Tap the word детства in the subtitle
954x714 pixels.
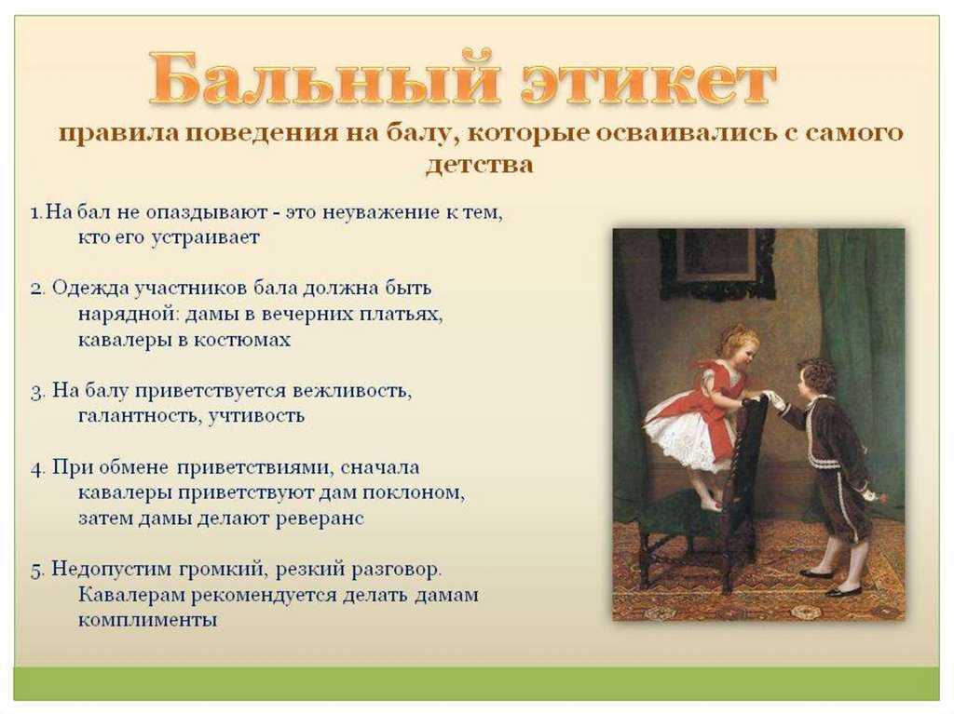[480, 164]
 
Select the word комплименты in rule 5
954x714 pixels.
[147, 620]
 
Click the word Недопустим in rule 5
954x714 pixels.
[112, 570]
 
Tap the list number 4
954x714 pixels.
[37, 468]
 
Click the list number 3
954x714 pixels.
[37, 391]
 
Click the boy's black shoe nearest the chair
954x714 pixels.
[816, 573]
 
